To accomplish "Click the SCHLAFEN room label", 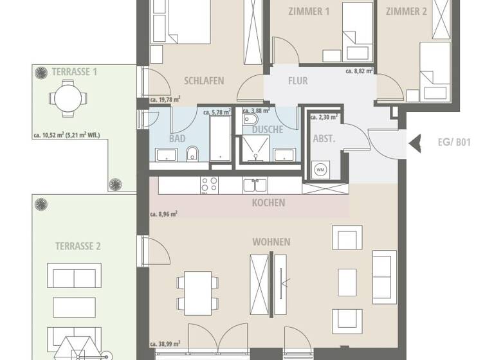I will pyautogui.click(x=204, y=81).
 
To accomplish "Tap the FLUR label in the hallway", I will pyautogui.click(x=298, y=81).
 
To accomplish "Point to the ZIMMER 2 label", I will pyautogui.click(x=406, y=11).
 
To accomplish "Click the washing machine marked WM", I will pyautogui.click(x=320, y=170).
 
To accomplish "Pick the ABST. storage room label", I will pyautogui.click(x=323, y=138).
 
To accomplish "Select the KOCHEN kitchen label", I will pyautogui.click(x=269, y=203).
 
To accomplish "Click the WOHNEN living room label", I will pyautogui.click(x=271, y=242).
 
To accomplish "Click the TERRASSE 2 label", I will pyautogui.click(x=78, y=246).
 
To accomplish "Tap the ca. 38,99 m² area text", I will pyautogui.click(x=165, y=345).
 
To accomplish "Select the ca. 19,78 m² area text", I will pyautogui.click(x=165, y=100).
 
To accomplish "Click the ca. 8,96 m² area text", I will pyautogui.click(x=163, y=214).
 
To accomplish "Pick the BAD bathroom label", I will pyautogui.click(x=178, y=138).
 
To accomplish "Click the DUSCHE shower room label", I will pyautogui.click(x=268, y=129).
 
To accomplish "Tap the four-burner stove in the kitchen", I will pyautogui.click(x=210, y=184).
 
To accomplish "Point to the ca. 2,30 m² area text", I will pyautogui.click(x=324, y=117).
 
